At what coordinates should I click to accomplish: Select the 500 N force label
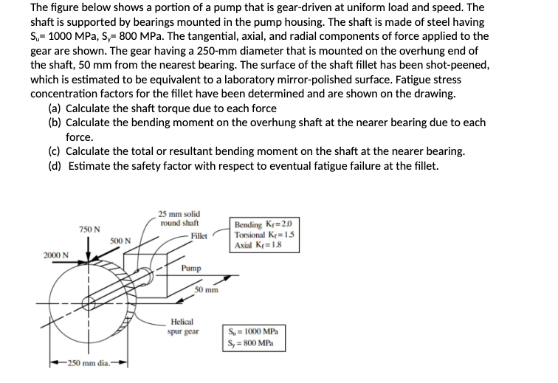121,241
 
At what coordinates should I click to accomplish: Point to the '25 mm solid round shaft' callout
179,218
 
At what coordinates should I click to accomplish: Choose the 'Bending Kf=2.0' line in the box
263,224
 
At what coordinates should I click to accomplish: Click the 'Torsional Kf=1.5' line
266,234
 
